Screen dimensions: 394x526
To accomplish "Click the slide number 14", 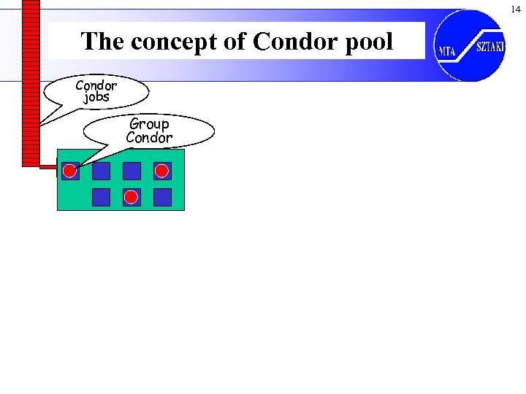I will (x=516, y=9).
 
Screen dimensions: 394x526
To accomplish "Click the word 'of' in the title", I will (x=236, y=42).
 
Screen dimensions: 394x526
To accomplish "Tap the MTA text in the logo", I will (x=447, y=51).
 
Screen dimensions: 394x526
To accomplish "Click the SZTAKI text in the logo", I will (x=490, y=47).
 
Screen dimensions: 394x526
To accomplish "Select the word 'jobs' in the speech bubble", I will (x=96, y=97).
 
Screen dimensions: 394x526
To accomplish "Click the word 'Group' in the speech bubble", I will (x=149, y=124).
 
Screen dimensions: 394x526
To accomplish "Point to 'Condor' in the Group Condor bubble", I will (x=149, y=138).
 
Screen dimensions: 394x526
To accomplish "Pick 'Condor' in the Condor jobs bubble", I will (x=96, y=85).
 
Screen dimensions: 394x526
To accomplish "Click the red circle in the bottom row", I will (x=131, y=197).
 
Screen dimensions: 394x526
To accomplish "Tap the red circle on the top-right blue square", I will (x=162, y=171).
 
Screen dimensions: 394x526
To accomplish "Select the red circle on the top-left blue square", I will (x=69, y=171).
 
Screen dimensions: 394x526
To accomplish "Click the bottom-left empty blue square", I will (x=101, y=197).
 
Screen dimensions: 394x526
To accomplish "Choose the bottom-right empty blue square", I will (x=162, y=197).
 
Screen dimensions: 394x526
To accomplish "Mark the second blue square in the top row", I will (x=101, y=171).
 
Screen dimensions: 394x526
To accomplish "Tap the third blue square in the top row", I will (x=131, y=171).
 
